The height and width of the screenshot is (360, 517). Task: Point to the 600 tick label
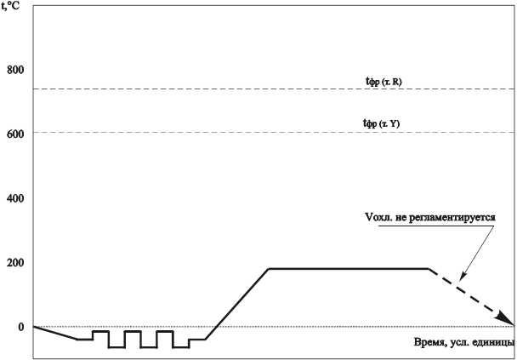pos(15,132)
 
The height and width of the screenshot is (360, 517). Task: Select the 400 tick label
pos(15,197)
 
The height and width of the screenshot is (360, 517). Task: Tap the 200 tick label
pos(15,261)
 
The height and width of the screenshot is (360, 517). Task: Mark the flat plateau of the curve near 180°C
pos(349,268)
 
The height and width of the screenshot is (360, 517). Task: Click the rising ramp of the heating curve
pos(238,298)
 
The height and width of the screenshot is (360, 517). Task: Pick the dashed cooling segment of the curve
pos(472,298)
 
